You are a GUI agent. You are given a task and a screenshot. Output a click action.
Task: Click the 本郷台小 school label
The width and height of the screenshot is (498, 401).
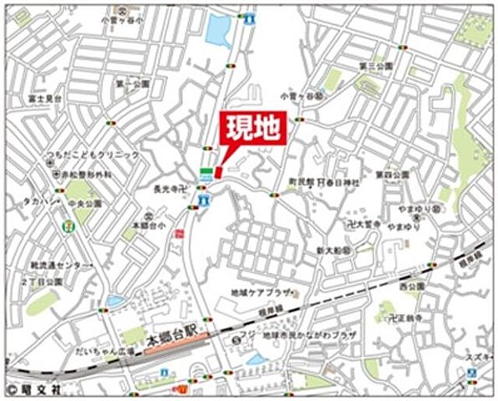(145, 225)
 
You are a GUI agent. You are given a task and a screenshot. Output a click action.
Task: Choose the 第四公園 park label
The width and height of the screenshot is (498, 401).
(391, 175)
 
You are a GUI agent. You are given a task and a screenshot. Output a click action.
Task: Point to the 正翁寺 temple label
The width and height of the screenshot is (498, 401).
(402, 318)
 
